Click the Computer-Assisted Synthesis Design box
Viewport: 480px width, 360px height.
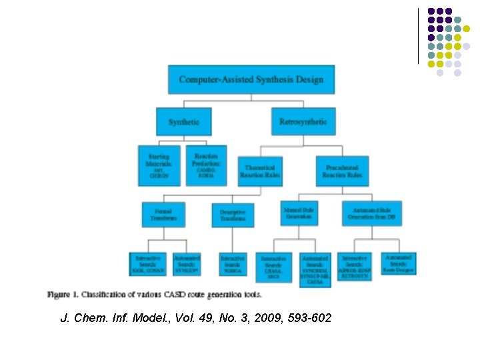coord(251,80)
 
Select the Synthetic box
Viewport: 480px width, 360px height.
coord(183,122)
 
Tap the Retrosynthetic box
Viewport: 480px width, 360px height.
coord(303,122)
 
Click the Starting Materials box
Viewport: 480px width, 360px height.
coord(159,165)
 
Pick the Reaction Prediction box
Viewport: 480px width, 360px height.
coord(206,165)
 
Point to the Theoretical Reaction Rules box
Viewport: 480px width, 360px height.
coord(260,171)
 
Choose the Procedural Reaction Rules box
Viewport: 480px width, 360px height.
coord(342,171)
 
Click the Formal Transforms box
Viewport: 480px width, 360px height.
coord(163,214)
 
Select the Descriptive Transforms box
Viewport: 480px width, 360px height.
coord(233,215)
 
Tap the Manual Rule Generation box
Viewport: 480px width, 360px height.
coord(299,213)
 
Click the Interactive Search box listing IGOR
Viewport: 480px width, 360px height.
coord(149,263)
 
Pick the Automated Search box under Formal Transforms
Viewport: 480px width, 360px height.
coord(187,263)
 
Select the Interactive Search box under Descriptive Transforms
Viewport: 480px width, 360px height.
coord(233,263)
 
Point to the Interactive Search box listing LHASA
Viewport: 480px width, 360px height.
coord(274,266)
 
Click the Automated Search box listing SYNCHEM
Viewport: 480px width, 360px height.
coord(315,269)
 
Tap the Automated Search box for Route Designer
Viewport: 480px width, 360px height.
coord(399,263)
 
